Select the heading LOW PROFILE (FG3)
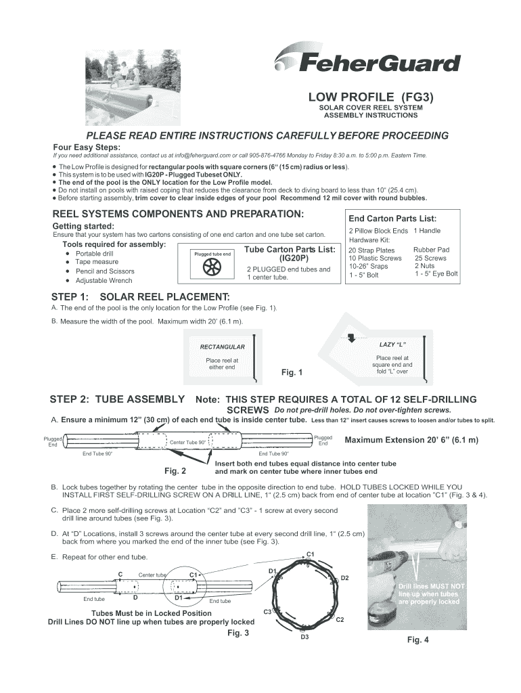(371, 97)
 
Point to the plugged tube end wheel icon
(212, 267)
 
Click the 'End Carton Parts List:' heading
(392, 219)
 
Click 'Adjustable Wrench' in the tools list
(104, 280)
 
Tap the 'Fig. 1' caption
(292, 373)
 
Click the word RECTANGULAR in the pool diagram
(222, 347)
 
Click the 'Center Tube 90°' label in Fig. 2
(187, 443)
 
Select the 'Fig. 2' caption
(175, 471)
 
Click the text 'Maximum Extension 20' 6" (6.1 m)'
(411, 440)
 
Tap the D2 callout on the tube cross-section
(344, 578)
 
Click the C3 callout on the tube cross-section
(267, 612)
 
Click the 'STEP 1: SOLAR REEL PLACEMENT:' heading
(141, 296)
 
